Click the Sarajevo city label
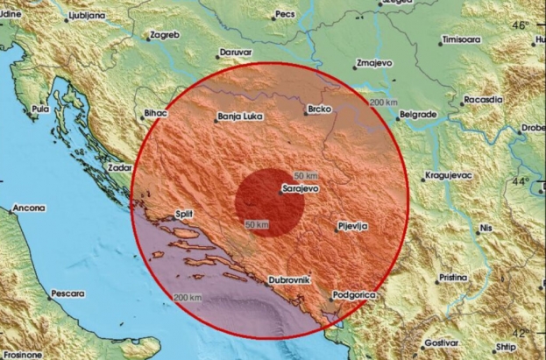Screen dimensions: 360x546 click(299, 187)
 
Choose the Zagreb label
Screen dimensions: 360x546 click(166, 35)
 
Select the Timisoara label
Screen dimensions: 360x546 click(464, 40)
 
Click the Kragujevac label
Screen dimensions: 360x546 click(450, 175)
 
